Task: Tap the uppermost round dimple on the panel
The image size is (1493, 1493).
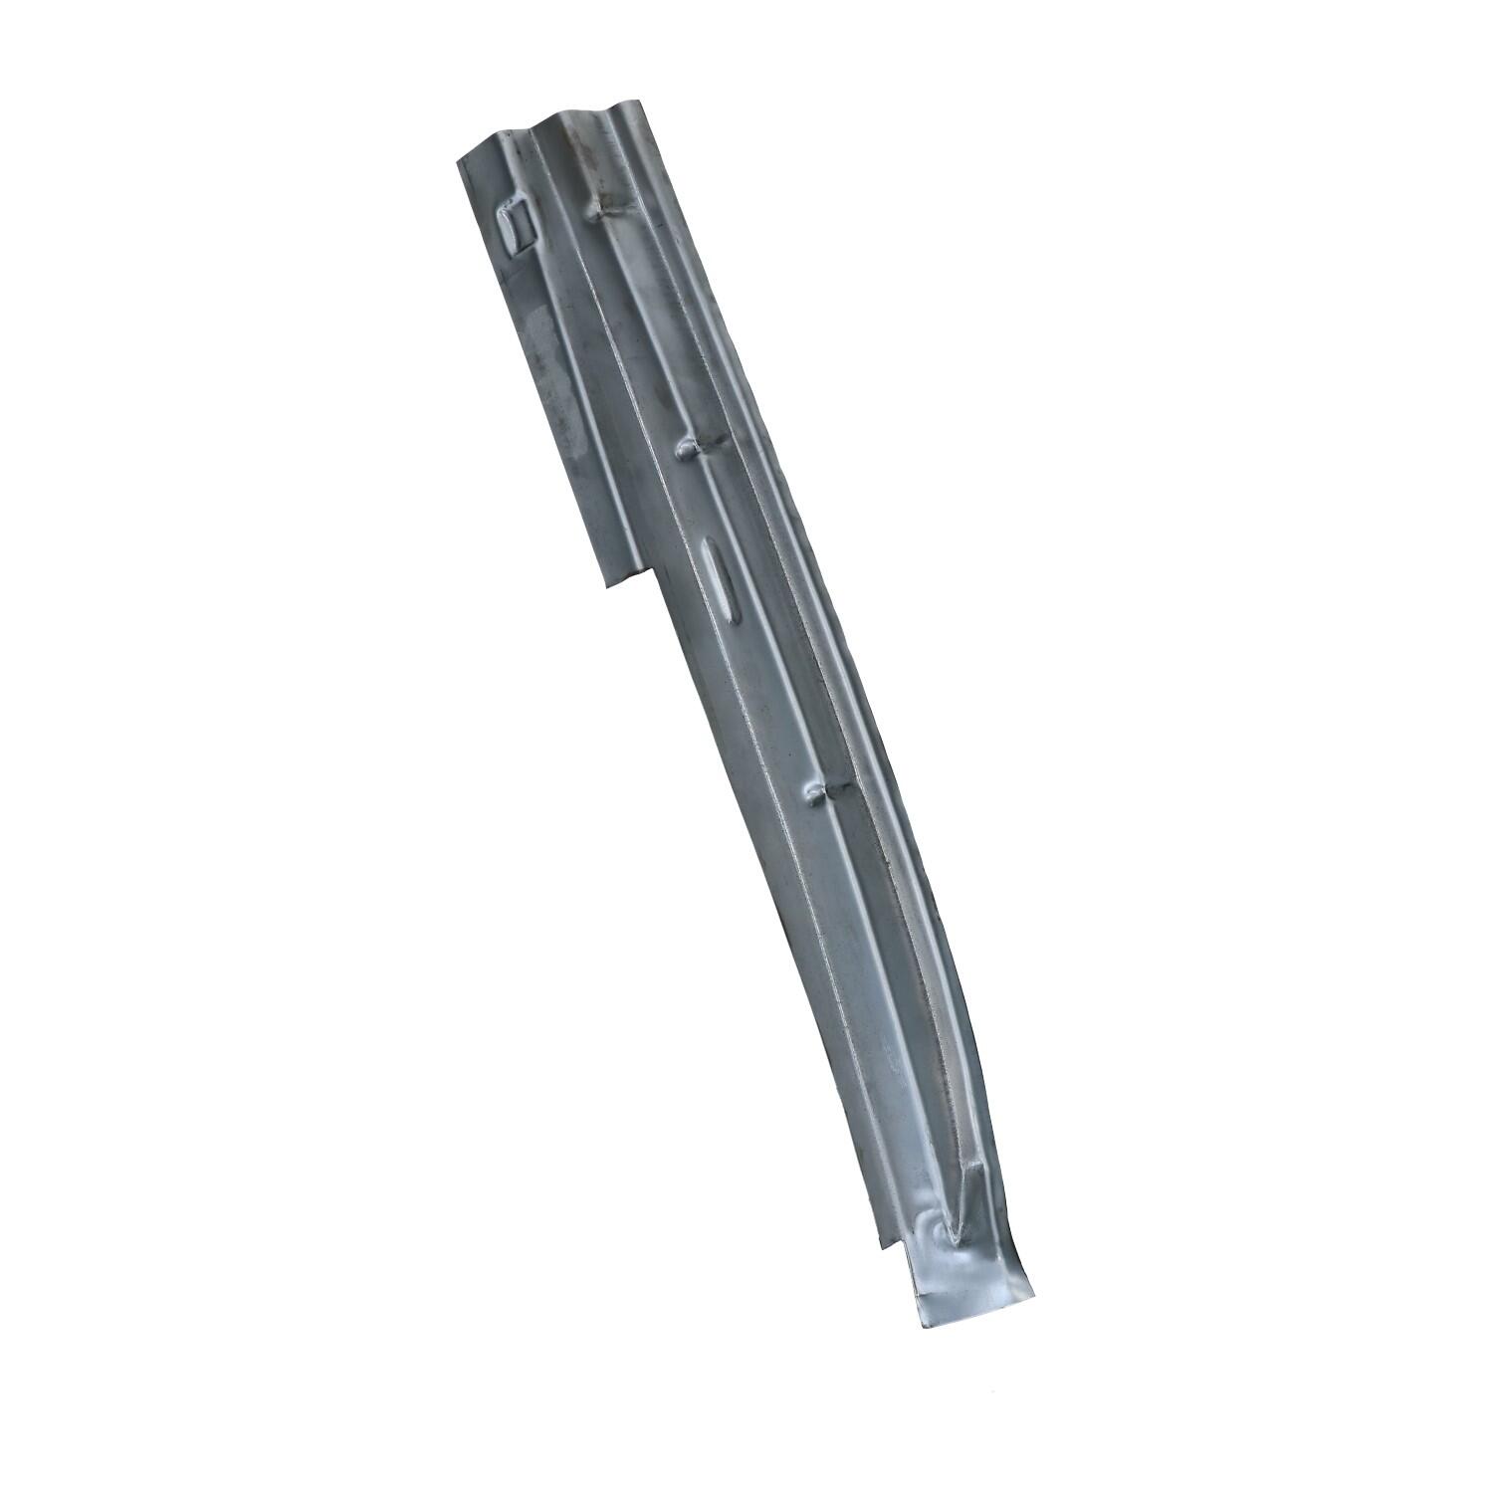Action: click(600, 210)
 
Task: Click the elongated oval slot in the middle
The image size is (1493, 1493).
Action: click(719, 578)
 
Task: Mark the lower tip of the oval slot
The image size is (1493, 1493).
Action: click(731, 618)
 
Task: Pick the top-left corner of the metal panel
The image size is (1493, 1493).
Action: click(458, 161)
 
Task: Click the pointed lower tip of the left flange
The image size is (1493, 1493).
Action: click(606, 588)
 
